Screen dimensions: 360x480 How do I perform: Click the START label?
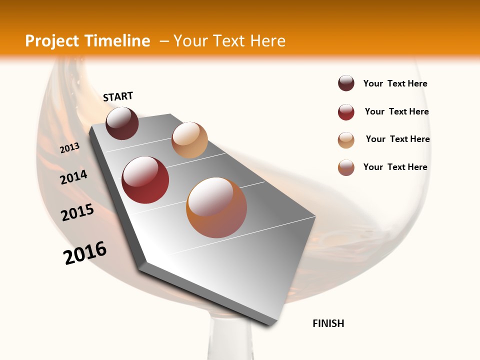point(118,96)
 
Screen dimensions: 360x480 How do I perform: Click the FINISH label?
point(328,323)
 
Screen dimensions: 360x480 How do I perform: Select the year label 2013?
point(69,148)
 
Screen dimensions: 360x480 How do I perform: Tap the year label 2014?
point(74,177)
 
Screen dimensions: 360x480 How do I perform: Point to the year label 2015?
point(77,212)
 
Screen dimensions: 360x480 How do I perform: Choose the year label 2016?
point(85,253)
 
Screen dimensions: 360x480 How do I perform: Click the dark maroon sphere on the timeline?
point(122,123)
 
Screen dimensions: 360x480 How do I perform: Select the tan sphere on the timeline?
point(189,139)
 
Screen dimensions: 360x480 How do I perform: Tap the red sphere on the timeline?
point(145,180)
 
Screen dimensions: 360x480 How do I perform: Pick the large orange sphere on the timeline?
point(216,207)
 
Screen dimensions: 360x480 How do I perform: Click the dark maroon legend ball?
point(346,83)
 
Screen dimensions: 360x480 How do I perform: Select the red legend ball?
point(346,112)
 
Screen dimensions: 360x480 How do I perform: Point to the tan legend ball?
point(346,140)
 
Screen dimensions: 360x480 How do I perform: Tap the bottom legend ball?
point(346,167)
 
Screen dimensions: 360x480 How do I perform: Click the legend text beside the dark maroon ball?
point(395,83)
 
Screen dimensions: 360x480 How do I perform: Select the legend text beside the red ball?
point(396,111)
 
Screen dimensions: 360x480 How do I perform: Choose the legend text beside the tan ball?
point(397,139)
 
